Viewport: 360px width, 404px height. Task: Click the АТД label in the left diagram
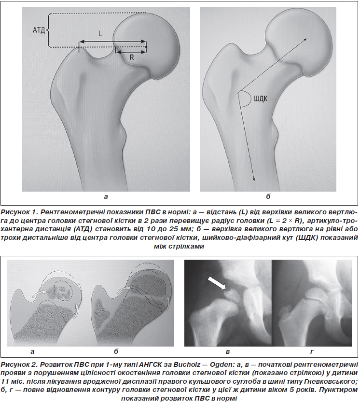click(39, 30)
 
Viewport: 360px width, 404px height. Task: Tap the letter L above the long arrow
click(100, 33)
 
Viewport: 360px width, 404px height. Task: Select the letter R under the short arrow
click(132, 57)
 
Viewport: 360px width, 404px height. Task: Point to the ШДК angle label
click(261, 98)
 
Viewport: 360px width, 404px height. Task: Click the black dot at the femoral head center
click(146, 47)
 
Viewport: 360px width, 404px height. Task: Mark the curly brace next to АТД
click(48, 30)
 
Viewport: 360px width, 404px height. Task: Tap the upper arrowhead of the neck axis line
click(305, 40)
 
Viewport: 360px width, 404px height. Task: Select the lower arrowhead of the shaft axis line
click(254, 179)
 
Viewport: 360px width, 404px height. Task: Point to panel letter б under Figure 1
click(268, 196)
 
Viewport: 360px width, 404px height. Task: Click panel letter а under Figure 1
click(106, 197)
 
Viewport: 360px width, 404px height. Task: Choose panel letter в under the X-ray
click(228, 351)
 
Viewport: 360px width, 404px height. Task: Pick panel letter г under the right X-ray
click(312, 351)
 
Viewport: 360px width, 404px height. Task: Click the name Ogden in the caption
click(222, 365)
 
